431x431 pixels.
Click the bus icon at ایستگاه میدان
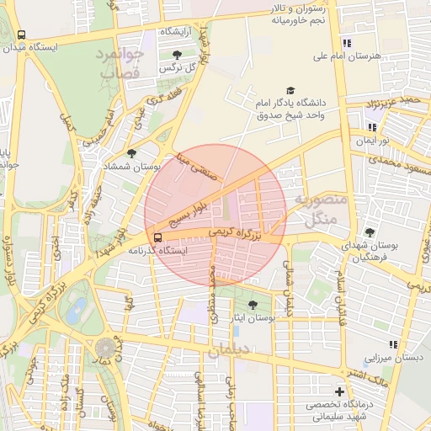click(x=21, y=35)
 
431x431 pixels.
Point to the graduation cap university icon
click(x=290, y=90)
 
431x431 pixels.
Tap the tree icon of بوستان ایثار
click(x=253, y=305)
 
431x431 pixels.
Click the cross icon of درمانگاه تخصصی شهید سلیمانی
click(x=339, y=391)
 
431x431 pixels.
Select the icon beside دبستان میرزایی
click(x=392, y=343)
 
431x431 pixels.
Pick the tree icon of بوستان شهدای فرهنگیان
click(x=370, y=232)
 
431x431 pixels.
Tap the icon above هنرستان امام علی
click(x=346, y=44)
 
